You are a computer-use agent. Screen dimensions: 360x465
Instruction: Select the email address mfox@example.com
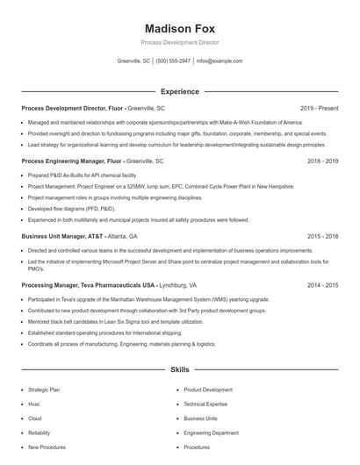[219, 61]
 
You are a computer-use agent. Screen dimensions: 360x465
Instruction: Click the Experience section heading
[179, 91]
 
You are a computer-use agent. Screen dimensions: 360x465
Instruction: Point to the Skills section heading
[179, 370]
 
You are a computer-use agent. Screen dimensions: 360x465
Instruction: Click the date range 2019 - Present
[319, 108]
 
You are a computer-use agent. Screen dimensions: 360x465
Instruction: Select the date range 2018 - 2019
[322, 161]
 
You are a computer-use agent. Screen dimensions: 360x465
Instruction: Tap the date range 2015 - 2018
[322, 236]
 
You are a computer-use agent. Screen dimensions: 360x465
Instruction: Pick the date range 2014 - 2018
[322, 285]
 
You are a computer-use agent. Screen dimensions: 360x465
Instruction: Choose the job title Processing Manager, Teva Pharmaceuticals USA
[89, 285]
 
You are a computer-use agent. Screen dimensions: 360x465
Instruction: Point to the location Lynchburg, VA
[179, 285]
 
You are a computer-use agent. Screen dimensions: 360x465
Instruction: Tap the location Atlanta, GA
[121, 236]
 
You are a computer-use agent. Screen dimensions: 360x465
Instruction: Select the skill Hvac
[34, 404]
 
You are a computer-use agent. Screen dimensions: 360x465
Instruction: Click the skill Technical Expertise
[205, 404]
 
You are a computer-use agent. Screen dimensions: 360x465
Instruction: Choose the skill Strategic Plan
[44, 389]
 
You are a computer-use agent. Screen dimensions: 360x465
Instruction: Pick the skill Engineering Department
[211, 433]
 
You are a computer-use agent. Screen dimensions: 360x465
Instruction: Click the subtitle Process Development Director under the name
[179, 42]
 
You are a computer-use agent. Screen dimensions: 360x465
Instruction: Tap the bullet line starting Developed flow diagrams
[71, 209]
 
